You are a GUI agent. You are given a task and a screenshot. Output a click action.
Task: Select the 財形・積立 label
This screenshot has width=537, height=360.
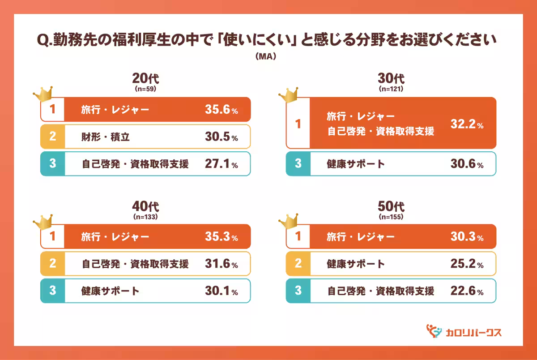[106, 137]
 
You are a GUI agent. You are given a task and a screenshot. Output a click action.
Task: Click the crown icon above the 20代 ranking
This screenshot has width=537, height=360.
[43, 94]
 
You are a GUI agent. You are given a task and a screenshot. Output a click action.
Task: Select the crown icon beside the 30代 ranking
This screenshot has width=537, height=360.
[289, 94]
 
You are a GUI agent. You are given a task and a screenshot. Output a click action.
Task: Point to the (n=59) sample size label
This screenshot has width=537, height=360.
[145, 89]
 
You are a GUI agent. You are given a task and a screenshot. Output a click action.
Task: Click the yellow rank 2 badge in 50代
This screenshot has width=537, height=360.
[298, 264]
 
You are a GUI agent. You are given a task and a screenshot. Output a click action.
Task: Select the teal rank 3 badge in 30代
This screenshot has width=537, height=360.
[298, 164]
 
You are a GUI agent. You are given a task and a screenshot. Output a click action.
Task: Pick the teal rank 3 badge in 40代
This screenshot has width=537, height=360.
[52, 291]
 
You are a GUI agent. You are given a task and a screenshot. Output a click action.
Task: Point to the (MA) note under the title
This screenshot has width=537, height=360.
[267, 57]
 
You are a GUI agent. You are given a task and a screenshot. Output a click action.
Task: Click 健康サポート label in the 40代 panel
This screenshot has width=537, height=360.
[111, 291]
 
